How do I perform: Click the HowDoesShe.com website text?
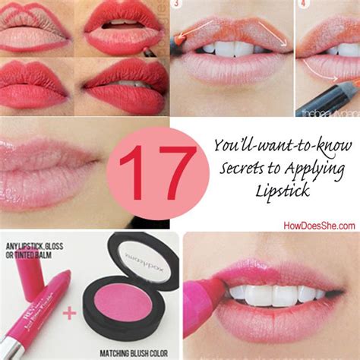[318, 226]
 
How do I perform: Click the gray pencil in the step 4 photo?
[338, 95]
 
